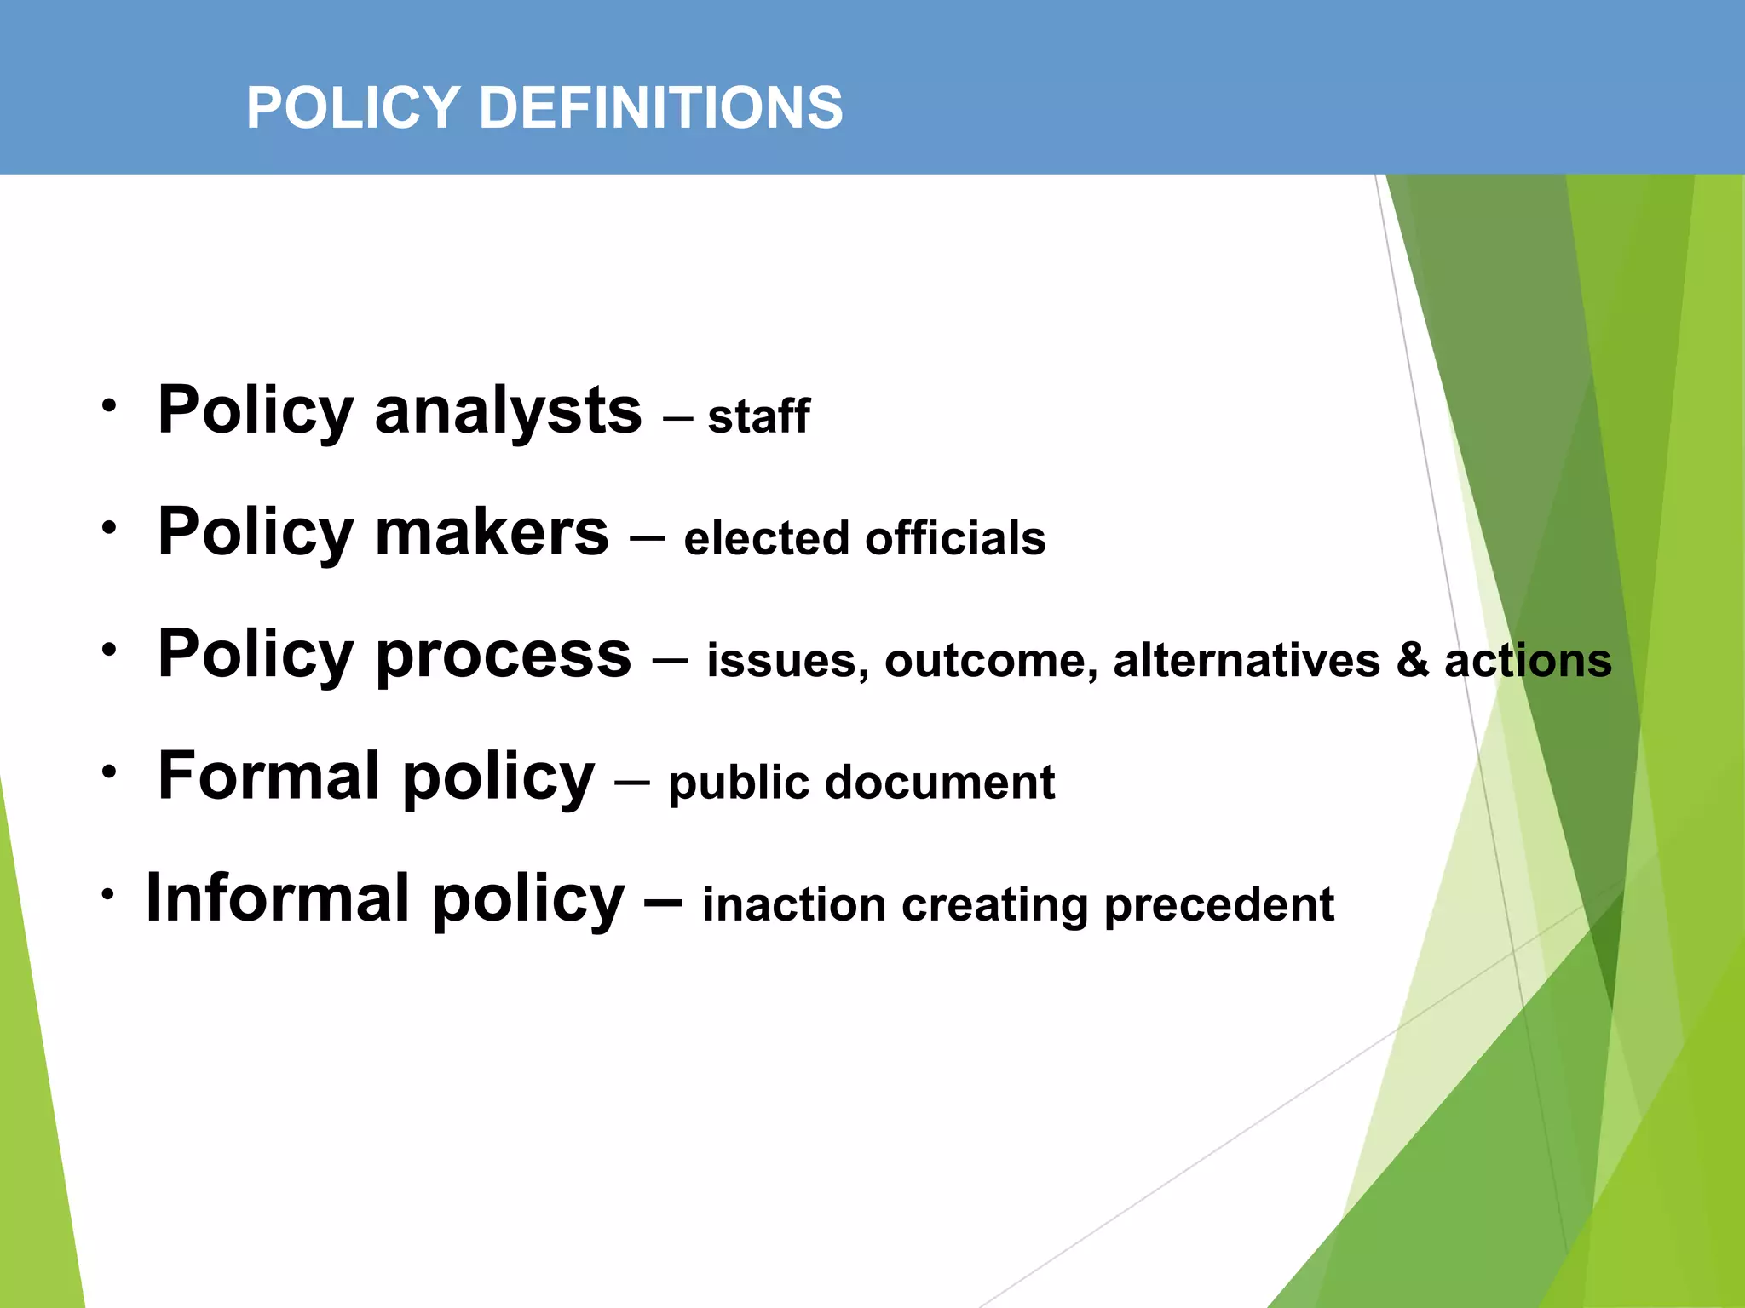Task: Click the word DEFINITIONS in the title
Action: tap(660, 108)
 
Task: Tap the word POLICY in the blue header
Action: tap(354, 108)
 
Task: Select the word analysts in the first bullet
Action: tap(508, 411)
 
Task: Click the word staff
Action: tap(758, 417)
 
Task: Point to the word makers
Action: tap(492, 532)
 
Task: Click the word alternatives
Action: tap(1246, 661)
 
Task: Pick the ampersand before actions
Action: tap(1412, 661)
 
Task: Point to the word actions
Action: tap(1528, 661)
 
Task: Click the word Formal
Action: tap(269, 776)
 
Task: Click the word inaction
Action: tap(793, 904)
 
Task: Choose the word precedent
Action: tap(1218, 904)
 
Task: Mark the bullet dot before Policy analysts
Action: tap(108, 406)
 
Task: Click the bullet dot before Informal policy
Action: tap(107, 894)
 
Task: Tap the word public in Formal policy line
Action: tap(739, 783)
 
